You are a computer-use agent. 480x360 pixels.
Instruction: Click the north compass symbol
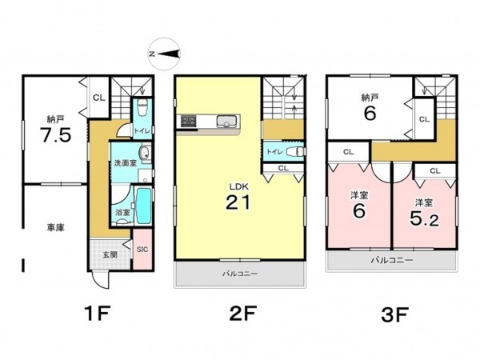(x=164, y=54)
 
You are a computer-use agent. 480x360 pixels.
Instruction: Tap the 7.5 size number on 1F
(x=56, y=135)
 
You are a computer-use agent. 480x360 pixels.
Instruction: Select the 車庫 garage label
(x=56, y=227)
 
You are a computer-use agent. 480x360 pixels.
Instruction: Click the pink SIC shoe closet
(x=142, y=249)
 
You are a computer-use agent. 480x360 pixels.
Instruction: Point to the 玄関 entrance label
(x=110, y=254)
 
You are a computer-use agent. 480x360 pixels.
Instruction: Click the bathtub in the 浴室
(x=143, y=206)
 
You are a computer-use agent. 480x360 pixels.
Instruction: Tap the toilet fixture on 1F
(x=142, y=107)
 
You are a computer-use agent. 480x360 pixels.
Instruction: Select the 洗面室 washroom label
(x=126, y=163)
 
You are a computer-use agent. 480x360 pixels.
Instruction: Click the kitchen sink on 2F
(x=226, y=122)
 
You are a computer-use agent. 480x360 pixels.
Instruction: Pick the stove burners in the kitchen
(x=188, y=121)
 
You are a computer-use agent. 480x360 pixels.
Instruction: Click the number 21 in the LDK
(x=238, y=202)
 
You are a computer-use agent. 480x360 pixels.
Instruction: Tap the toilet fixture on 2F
(x=296, y=151)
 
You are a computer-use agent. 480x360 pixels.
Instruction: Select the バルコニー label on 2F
(x=240, y=274)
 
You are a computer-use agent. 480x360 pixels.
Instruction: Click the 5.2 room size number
(x=424, y=218)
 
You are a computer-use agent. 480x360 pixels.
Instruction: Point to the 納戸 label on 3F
(x=370, y=98)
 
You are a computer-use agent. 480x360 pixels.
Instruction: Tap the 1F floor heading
(x=97, y=313)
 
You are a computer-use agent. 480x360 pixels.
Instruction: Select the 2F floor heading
(x=242, y=313)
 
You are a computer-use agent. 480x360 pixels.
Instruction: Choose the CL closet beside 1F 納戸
(x=98, y=98)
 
